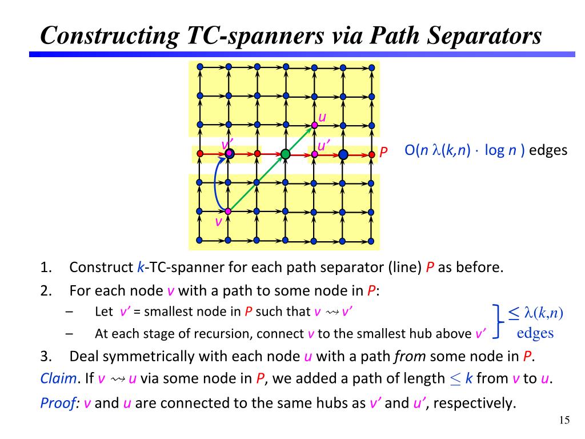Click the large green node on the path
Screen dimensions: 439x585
286,154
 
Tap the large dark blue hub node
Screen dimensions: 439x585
343,154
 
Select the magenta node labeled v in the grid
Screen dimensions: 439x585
228,211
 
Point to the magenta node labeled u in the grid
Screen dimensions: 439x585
314,125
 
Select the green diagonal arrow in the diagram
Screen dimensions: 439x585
269,171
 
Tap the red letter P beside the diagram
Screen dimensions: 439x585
384,152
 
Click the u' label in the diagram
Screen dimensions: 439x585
324,145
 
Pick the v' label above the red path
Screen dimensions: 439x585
226,145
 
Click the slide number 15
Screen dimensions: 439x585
564,421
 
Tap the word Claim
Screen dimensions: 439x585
55,378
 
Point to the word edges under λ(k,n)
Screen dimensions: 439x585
535,334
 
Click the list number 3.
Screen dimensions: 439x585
46,357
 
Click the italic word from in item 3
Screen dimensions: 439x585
410,357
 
